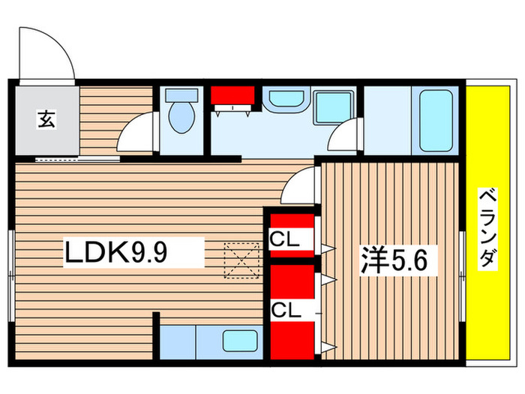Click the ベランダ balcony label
(488, 229)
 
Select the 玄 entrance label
(46, 118)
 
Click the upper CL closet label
(285, 239)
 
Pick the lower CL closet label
(285, 309)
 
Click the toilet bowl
(182, 119)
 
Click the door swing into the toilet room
(136, 133)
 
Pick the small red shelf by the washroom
(231, 96)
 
